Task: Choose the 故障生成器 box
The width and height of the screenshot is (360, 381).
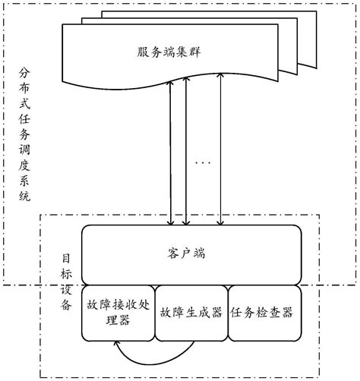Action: [x=190, y=313]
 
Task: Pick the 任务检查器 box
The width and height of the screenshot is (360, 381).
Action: [x=262, y=313]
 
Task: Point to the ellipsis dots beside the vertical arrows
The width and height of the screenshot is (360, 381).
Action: [x=203, y=164]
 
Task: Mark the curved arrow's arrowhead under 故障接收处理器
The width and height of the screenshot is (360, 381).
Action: [x=115, y=345]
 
